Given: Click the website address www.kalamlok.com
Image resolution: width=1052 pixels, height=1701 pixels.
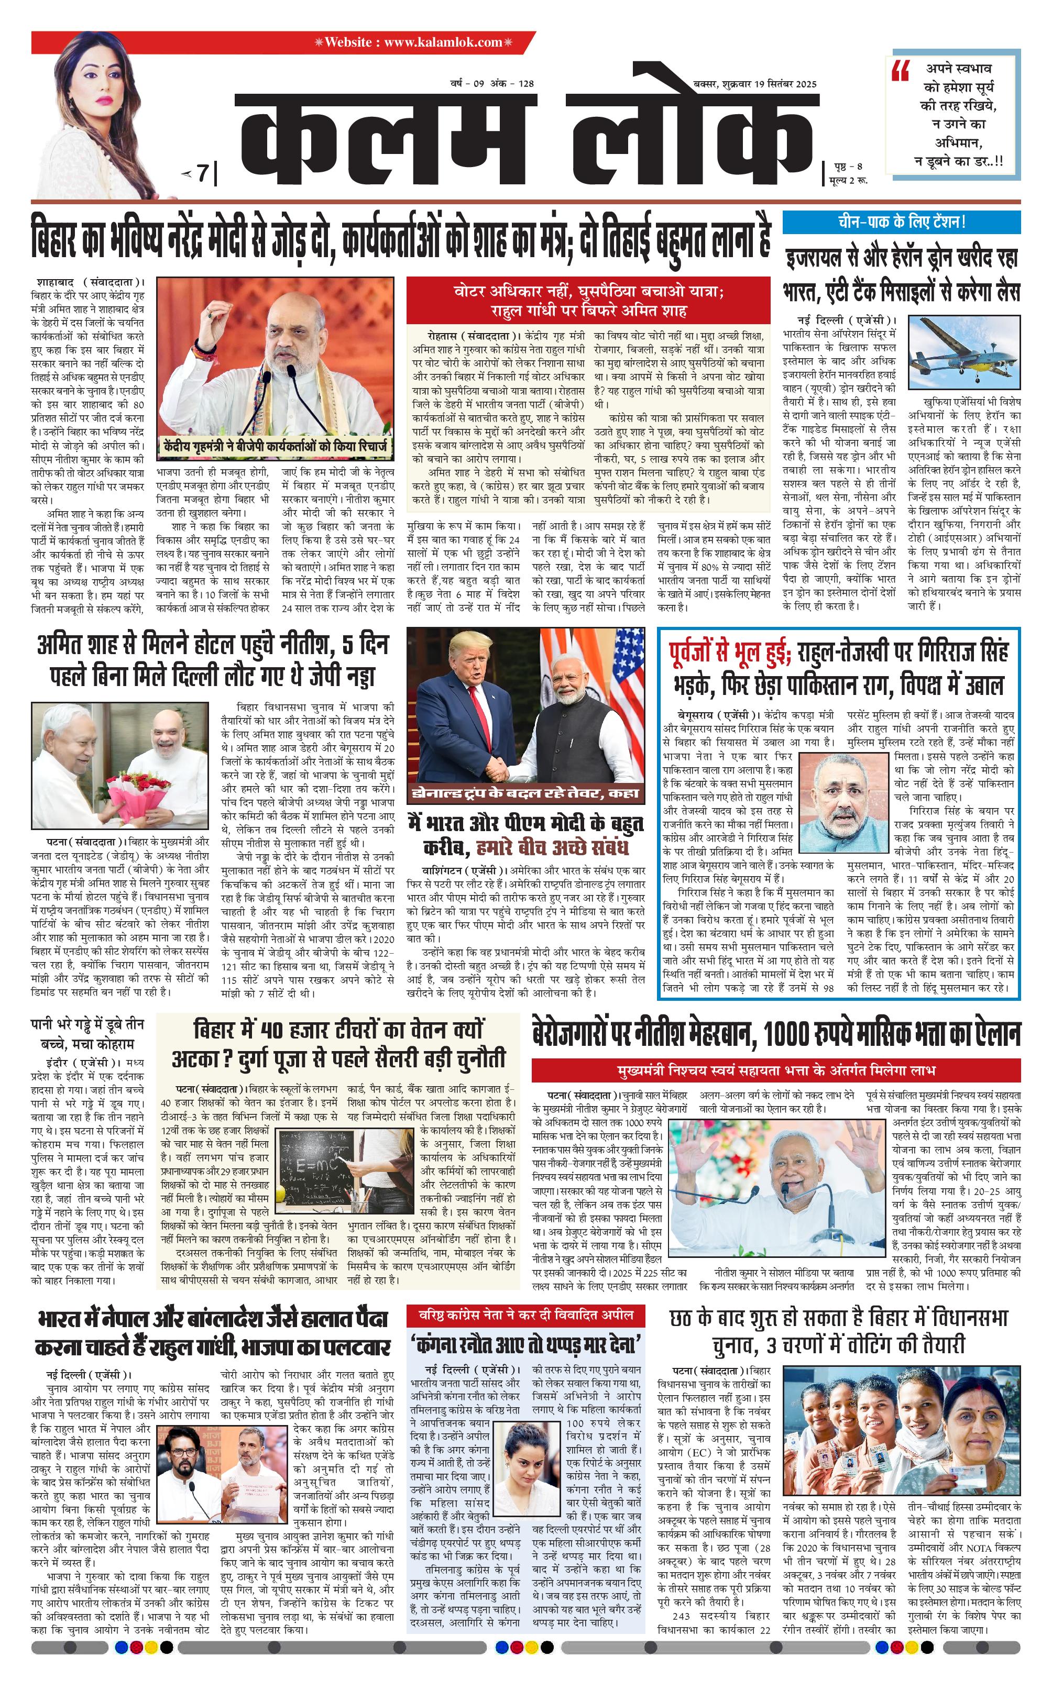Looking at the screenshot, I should [x=443, y=42].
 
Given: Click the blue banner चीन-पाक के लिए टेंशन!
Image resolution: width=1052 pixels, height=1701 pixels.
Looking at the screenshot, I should [x=901, y=223].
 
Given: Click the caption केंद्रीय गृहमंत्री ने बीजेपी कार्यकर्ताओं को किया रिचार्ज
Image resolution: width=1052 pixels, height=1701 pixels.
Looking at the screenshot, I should [x=275, y=447].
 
